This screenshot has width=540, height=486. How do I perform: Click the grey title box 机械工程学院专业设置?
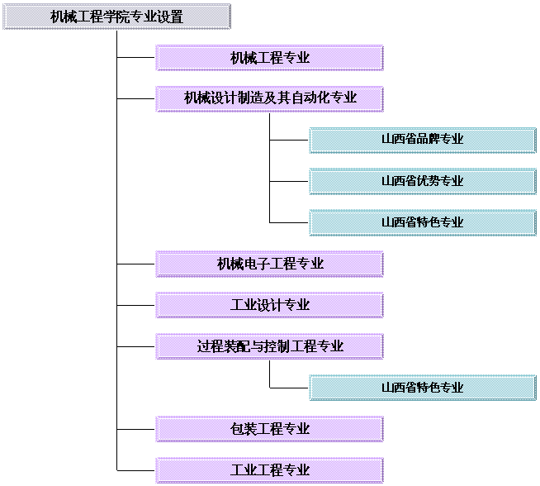116,17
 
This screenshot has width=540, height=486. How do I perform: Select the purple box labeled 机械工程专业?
269,58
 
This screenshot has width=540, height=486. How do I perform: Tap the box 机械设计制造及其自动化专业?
269,99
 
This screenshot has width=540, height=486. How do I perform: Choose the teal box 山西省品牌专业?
423,140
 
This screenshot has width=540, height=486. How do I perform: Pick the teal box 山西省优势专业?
423,181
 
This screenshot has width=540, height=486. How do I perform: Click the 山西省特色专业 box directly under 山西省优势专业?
423,222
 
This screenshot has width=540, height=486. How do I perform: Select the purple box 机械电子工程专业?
269,264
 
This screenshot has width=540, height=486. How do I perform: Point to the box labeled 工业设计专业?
269,305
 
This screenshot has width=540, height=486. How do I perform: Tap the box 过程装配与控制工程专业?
269,346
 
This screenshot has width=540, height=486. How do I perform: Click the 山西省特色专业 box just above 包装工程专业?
423,388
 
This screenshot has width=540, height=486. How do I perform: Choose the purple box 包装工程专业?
269,429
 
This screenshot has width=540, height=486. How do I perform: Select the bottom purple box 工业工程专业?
269,470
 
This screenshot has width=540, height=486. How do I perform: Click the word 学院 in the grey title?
116,17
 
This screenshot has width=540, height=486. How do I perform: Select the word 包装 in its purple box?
244,429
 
